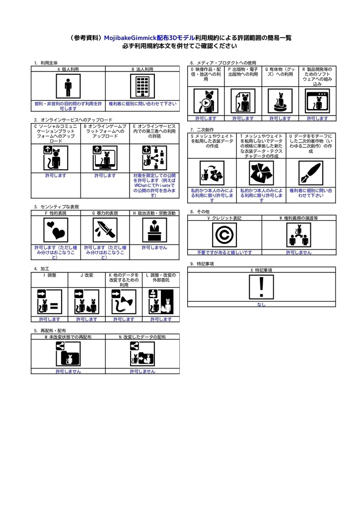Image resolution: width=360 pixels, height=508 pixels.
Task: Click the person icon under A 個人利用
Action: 68,87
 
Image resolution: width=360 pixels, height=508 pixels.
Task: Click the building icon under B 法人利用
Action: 143,87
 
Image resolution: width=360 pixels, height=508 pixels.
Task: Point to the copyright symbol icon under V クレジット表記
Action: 224,235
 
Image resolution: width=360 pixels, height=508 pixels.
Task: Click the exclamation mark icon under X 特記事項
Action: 261,287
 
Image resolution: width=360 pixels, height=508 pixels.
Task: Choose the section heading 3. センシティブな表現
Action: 57,206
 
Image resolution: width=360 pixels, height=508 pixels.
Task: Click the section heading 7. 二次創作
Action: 202,129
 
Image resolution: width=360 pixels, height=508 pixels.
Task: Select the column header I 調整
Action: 50,275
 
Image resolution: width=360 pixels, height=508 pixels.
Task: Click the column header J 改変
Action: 87,275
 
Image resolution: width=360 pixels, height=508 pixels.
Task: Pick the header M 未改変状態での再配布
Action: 68,337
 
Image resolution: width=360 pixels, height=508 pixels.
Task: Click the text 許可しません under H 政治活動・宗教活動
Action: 154,247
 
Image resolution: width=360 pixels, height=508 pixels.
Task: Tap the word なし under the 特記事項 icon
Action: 261,304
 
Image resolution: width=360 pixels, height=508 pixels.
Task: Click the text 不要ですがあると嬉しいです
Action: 224,252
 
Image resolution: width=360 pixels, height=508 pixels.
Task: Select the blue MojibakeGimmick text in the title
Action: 130,38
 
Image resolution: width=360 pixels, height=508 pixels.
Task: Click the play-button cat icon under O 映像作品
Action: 206,101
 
